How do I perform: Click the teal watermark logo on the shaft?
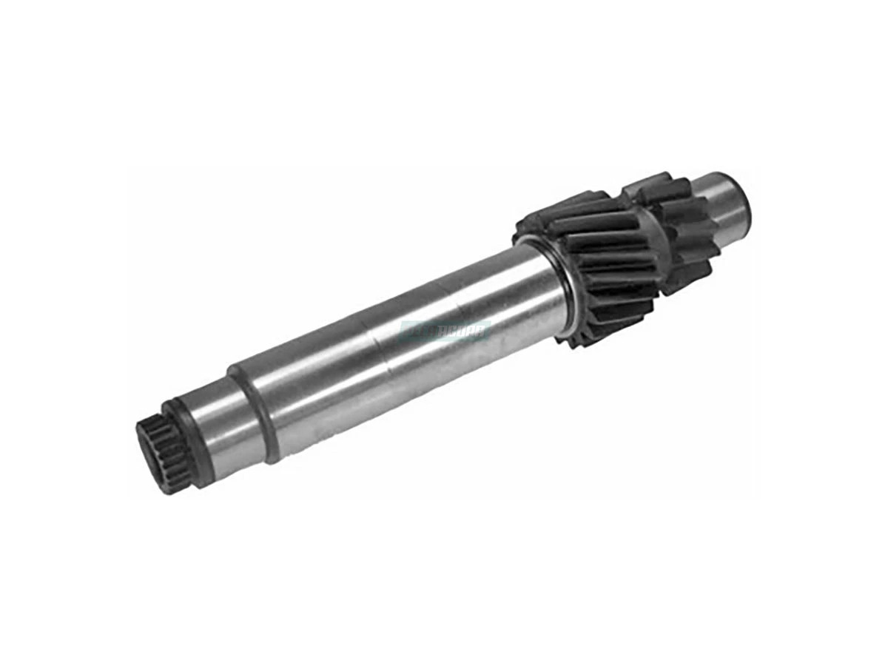(444, 331)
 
